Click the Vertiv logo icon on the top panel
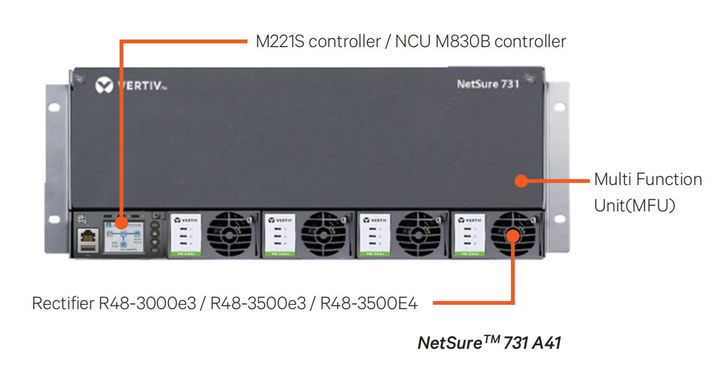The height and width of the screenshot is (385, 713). (x=104, y=86)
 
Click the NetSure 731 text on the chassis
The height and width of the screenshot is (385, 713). (x=487, y=84)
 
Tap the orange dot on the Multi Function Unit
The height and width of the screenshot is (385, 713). (x=521, y=180)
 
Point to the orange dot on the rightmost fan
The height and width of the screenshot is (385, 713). (x=512, y=233)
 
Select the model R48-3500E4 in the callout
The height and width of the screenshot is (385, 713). (x=368, y=303)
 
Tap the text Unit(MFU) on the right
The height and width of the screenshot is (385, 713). (x=634, y=205)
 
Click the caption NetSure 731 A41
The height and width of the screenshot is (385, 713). (x=489, y=343)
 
